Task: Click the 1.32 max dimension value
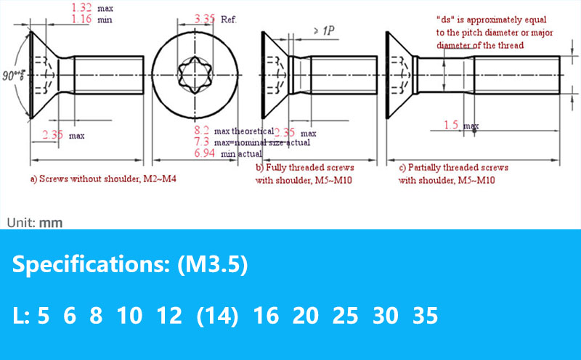(x=81, y=7)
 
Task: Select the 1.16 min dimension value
(x=81, y=19)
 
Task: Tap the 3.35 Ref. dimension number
(x=205, y=19)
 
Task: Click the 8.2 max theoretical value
(x=202, y=131)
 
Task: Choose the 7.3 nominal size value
(x=202, y=142)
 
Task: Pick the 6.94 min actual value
(x=205, y=152)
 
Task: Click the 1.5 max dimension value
(x=451, y=125)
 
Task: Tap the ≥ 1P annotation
(x=324, y=30)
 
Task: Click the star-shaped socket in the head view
(x=195, y=75)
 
